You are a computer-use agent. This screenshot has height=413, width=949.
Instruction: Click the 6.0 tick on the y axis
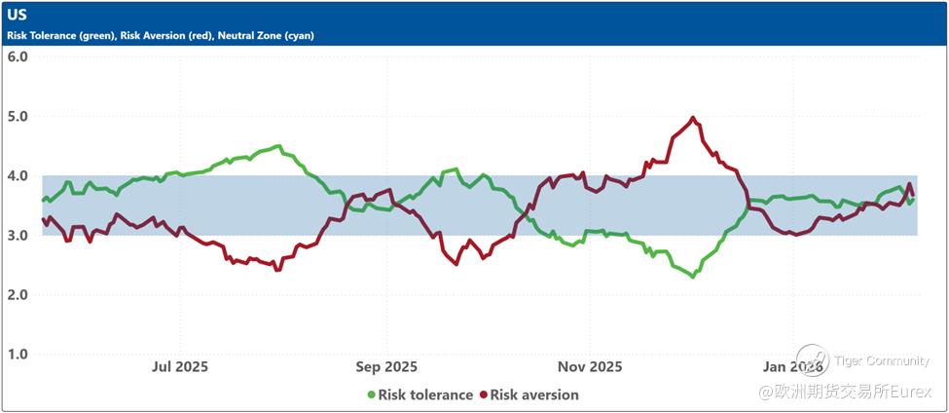(x=18, y=56)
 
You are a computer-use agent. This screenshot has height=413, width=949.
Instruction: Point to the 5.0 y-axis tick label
(x=18, y=116)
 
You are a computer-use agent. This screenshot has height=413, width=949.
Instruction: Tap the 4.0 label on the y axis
(x=18, y=176)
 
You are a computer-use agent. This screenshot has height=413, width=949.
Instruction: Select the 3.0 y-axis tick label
(x=18, y=236)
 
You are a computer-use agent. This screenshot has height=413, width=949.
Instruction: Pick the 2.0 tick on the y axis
(x=18, y=295)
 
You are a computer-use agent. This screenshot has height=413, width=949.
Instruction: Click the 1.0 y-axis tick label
(x=18, y=355)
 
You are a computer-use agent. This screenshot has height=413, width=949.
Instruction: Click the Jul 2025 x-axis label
(x=180, y=367)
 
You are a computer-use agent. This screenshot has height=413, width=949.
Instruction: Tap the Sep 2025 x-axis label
(x=386, y=367)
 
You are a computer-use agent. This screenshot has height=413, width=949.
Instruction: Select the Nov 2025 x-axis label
(x=591, y=367)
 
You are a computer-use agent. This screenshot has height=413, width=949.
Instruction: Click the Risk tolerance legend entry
(x=425, y=395)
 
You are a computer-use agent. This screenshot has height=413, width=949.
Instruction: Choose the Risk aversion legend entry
(x=534, y=395)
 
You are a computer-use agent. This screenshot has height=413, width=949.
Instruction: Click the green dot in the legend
(x=371, y=395)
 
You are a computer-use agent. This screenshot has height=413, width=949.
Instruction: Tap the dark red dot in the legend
(x=483, y=395)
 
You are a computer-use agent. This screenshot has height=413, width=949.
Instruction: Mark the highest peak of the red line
(x=693, y=118)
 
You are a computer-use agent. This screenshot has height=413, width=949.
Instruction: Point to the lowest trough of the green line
(x=693, y=277)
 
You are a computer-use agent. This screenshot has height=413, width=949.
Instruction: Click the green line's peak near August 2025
(x=278, y=146)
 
